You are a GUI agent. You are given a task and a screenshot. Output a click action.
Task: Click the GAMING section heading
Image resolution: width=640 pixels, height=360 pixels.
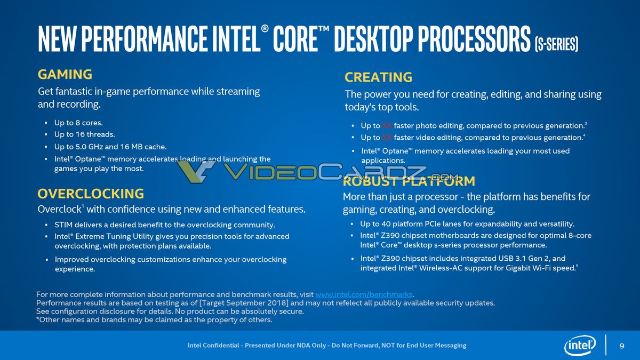(65, 75)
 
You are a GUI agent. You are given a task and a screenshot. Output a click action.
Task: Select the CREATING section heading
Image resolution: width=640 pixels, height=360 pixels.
(378, 77)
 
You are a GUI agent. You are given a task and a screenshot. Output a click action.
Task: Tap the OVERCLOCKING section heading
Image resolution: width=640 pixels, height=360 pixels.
(91, 194)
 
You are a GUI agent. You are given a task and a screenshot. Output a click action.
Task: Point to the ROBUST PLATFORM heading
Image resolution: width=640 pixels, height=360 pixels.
(409, 181)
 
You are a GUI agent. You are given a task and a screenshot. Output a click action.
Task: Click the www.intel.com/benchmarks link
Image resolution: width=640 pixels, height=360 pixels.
(364, 294)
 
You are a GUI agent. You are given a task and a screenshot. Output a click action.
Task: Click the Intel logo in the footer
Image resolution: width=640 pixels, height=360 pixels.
(580, 346)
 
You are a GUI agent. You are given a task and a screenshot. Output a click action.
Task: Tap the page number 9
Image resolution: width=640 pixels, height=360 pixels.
(622, 346)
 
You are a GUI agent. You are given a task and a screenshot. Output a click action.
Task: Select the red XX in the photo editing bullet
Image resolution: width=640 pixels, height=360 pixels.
(387, 126)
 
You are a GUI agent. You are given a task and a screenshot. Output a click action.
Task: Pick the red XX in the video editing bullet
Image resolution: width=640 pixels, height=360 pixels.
(387, 138)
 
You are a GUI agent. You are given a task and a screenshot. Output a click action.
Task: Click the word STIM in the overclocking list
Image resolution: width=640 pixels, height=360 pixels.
(64, 225)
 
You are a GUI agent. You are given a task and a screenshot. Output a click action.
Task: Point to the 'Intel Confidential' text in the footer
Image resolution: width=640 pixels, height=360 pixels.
(213, 346)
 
